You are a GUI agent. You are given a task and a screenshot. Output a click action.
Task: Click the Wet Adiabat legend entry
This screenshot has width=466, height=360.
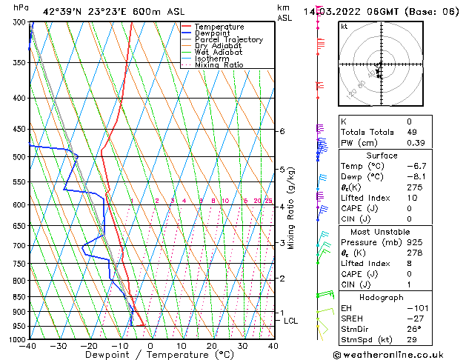tap(216, 53)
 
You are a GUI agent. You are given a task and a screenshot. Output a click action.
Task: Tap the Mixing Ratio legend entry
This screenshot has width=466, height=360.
tap(219, 65)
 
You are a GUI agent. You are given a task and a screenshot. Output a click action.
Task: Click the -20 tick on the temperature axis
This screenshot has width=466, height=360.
tap(89, 346)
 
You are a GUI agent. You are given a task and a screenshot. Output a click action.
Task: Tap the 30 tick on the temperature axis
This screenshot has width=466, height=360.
tap(242, 346)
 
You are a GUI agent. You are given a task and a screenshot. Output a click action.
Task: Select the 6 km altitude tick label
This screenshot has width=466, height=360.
tap(282, 131)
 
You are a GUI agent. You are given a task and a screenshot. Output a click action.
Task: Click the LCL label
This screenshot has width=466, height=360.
tap(290, 321)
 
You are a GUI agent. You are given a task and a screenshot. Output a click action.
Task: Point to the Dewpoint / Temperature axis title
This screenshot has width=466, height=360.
tap(150, 355)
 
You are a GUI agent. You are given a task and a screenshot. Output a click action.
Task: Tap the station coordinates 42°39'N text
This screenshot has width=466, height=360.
tap(61, 11)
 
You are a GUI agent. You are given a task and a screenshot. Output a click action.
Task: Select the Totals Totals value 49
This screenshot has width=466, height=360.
tap(408, 132)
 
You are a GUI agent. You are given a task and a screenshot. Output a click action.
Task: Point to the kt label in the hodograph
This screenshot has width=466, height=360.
tap(344, 27)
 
